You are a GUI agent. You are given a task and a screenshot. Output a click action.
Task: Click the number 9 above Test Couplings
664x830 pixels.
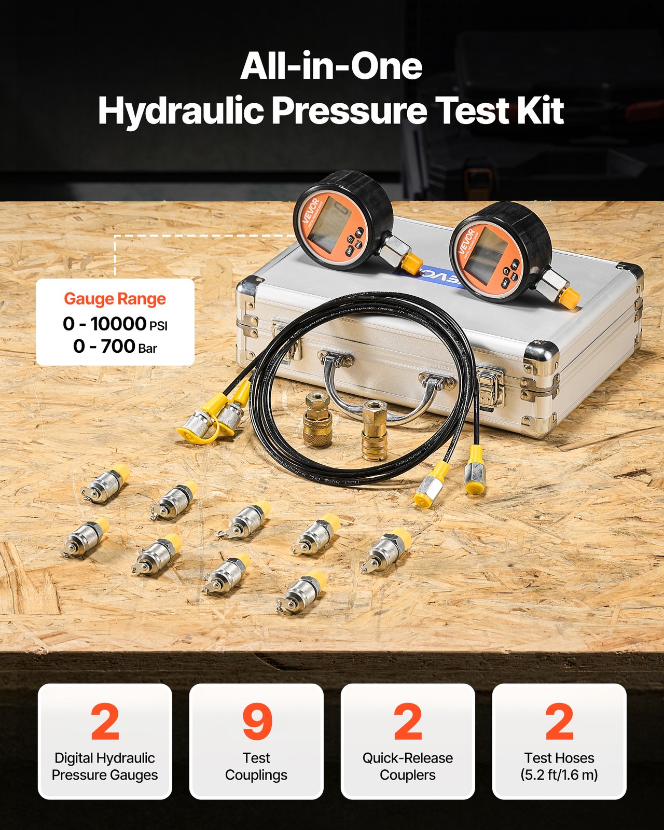click(256, 722)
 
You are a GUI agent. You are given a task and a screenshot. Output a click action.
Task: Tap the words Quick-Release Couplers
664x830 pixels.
click(407, 766)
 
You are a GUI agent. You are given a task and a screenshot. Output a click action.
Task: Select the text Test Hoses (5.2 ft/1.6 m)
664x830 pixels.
click(559, 766)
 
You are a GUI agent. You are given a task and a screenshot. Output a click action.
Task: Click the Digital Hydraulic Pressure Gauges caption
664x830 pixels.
click(105, 766)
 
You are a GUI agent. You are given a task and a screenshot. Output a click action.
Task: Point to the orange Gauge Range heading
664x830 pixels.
click(115, 299)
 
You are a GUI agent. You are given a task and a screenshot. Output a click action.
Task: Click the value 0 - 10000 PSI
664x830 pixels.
click(115, 324)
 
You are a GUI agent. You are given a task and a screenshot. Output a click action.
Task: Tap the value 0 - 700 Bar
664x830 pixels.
click(115, 346)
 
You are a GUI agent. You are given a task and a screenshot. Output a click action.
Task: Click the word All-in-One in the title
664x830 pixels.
click(331, 66)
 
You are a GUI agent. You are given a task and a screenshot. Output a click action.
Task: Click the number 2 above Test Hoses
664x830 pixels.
click(559, 722)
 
